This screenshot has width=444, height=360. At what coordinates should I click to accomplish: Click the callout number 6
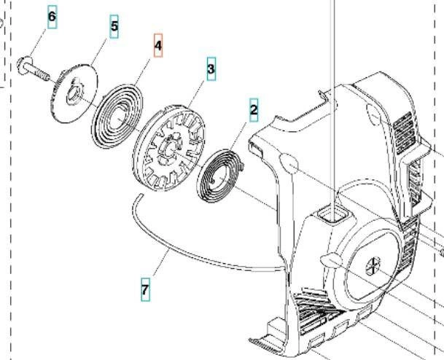pyautogui.click(x=51, y=16)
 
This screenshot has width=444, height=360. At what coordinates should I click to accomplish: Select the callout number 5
pyautogui.click(x=114, y=26)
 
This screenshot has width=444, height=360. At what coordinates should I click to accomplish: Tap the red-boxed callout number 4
pyautogui.click(x=158, y=46)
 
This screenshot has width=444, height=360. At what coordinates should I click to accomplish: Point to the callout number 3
pyautogui.click(x=211, y=69)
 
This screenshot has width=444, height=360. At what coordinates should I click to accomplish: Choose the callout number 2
pyautogui.click(x=254, y=111)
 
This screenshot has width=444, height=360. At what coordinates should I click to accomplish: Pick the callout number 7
pyautogui.click(x=146, y=289)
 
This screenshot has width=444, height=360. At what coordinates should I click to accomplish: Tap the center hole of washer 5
pyautogui.click(x=74, y=93)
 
